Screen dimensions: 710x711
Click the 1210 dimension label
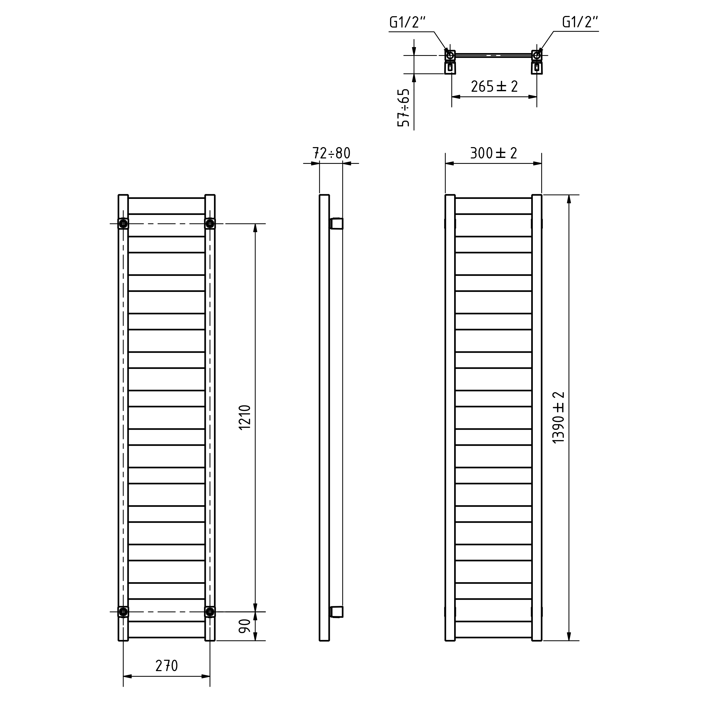[x=245, y=417]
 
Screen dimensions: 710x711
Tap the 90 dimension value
[x=245, y=626]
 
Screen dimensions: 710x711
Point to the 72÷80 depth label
[x=331, y=153]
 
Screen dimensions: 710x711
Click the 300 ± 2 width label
[x=494, y=153]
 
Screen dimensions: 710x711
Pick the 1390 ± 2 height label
[x=559, y=417]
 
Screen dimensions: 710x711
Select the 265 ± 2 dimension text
[x=494, y=86]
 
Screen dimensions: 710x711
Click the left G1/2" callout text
[x=407, y=23]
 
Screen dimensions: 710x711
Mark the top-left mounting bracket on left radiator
[x=123, y=224]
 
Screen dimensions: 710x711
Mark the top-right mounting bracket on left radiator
[x=210, y=224]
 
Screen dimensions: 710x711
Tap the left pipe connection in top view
[x=450, y=56]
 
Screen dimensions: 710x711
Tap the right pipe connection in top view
[x=537, y=56]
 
